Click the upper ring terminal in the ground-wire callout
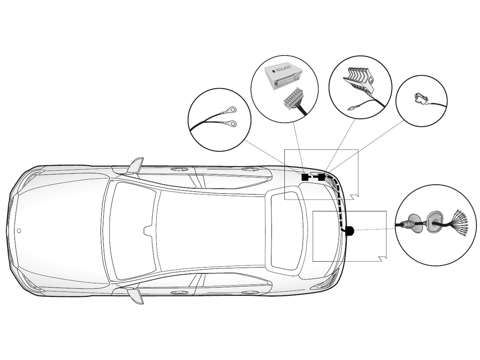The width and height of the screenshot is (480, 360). click(230, 108)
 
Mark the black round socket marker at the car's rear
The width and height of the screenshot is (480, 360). click(349, 230)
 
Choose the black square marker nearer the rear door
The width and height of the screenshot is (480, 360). click(305, 177)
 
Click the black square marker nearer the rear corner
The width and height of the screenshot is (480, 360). click(321, 177)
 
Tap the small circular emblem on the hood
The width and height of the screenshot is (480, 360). click(19, 231)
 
